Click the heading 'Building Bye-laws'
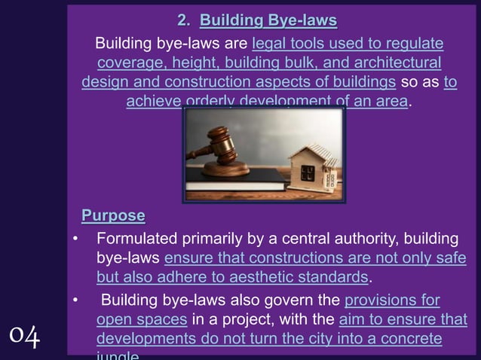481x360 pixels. click(268, 19)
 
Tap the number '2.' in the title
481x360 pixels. click(183, 19)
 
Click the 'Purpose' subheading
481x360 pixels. click(113, 216)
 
